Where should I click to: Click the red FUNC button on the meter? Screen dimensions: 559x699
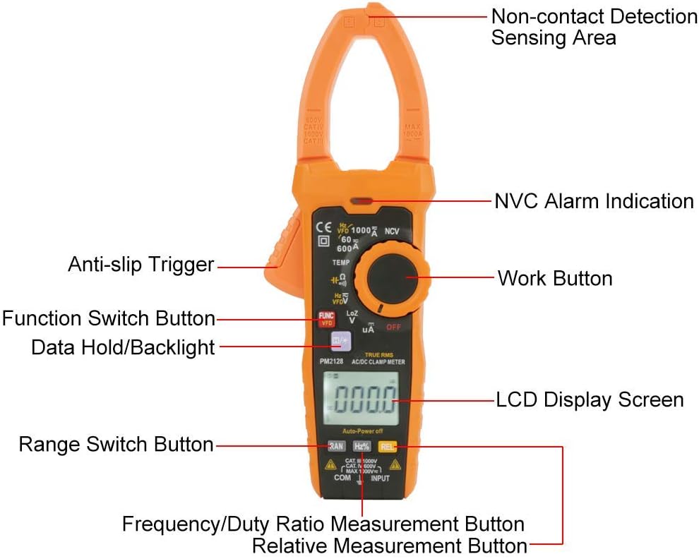click(326, 318)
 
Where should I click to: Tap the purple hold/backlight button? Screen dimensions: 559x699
click(340, 342)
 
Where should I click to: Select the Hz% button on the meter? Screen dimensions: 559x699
click(362, 446)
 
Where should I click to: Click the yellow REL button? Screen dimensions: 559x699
click(386, 446)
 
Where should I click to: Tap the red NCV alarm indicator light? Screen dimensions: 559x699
click(364, 201)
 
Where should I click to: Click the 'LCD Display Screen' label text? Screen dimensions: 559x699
click(590, 399)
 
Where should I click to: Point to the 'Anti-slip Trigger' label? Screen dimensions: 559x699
click(141, 265)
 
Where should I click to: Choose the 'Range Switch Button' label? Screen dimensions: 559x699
click(116, 444)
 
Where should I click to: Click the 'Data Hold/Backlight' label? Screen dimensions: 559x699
click(123, 347)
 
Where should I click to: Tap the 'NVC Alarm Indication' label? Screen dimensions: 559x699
click(593, 201)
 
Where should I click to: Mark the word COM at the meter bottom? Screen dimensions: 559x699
click(342, 478)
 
